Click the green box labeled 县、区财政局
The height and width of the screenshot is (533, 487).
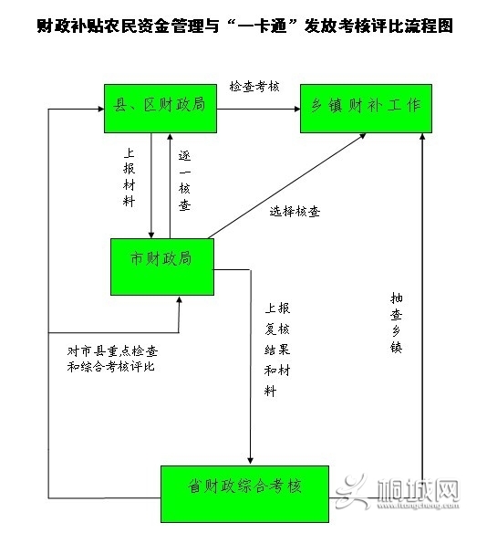pos(161,109)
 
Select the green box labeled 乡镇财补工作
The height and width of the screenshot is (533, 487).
pos(366,109)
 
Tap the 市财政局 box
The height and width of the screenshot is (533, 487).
pos(162,266)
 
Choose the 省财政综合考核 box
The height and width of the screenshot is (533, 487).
pos(244,494)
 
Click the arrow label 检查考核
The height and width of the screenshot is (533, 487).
pos(254,87)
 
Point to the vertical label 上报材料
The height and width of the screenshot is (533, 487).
pos(130,177)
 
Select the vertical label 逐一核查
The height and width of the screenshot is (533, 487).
pos(184,180)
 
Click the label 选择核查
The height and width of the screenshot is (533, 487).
pos(295,212)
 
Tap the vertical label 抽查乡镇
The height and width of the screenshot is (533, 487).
pos(397,323)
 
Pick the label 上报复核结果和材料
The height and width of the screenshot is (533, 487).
pos(277,350)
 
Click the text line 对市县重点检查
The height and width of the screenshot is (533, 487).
pos(112,351)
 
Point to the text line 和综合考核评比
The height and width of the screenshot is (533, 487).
pos(110,367)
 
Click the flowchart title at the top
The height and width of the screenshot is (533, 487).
pos(244,26)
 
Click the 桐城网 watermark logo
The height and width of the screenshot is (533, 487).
pos(398,492)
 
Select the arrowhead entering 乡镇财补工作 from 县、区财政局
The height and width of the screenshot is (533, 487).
pos(297,110)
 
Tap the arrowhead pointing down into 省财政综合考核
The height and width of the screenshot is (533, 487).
pos(250,461)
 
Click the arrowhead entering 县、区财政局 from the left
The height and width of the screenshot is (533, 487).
pos(101,110)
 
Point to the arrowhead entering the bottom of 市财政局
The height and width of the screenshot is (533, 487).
pos(179,299)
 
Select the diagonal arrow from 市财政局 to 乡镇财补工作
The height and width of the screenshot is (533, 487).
pos(287,186)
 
